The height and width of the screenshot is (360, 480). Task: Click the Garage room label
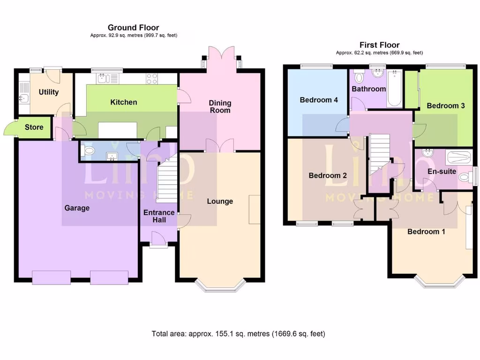[x=77, y=208]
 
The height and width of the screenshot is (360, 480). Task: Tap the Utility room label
[x=49, y=92]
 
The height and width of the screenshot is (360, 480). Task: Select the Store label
[x=34, y=127]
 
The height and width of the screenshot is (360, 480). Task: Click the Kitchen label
[x=124, y=102]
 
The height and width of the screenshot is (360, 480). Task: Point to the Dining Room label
[x=220, y=106]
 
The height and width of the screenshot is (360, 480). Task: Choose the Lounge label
[x=220, y=201]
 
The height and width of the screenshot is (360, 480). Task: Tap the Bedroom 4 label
[x=319, y=100]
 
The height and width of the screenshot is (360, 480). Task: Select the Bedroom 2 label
[x=328, y=176]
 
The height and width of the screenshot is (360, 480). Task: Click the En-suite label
[x=442, y=172]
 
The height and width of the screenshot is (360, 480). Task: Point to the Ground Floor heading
[x=133, y=28]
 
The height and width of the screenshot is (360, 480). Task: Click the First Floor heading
[x=379, y=45]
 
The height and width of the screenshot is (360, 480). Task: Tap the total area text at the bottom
[x=238, y=334]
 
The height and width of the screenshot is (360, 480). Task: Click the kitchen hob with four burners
[x=151, y=78]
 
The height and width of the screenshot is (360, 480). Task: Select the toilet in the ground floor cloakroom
[x=87, y=150]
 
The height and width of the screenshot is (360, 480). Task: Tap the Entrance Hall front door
[x=159, y=240]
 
